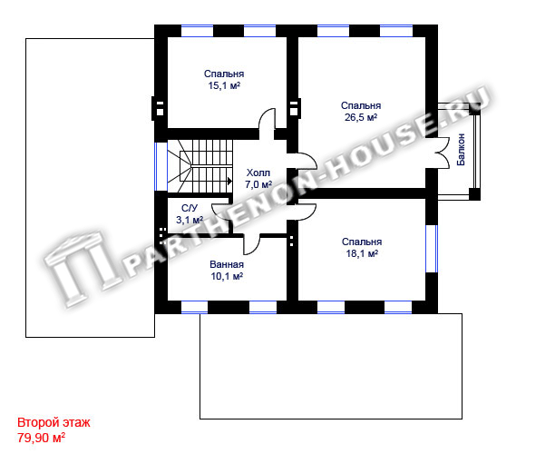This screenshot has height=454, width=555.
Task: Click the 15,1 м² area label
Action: (224, 85)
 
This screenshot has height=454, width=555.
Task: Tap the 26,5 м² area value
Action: (361, 117)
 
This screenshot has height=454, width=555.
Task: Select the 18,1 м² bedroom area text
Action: (362, 253)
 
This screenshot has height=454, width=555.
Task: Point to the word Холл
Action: (258, 173)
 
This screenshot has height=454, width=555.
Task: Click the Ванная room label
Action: (227, 264)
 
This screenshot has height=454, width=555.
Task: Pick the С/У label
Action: (190, 209)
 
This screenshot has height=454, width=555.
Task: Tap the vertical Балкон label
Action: (461, 149)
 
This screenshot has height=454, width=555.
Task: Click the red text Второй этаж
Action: (54, 422)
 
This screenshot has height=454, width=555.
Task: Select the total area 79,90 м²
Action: (41, 438)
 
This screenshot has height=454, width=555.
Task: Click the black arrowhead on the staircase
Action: (229, 181)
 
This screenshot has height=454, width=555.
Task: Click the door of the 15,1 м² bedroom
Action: (268, 120)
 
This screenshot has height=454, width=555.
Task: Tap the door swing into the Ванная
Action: (252, 244)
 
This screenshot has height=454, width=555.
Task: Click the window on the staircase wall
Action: (156, 166)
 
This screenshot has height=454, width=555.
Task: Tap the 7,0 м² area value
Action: (258, 184)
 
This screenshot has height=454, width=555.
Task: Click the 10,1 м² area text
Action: (227, 276)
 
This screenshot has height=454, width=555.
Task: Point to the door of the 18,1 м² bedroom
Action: (307, 212)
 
